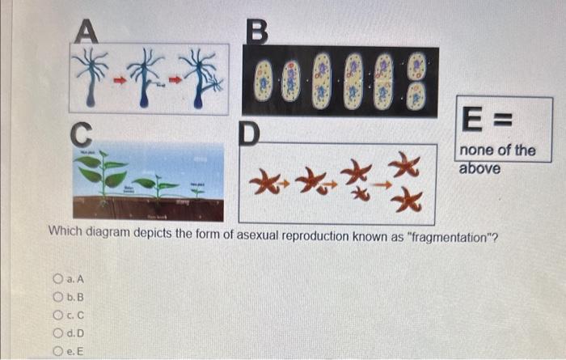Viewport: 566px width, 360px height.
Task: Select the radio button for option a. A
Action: tap(57, 279)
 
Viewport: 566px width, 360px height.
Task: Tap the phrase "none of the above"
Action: tap(496, 159)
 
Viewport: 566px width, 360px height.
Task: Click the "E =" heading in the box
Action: tap(483, 122)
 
